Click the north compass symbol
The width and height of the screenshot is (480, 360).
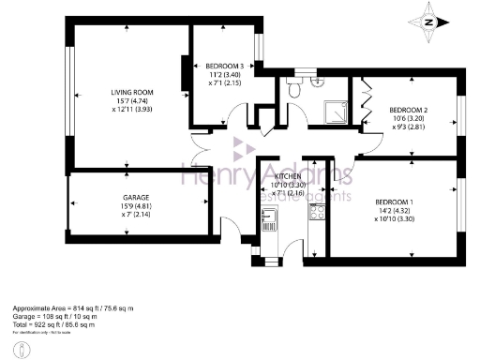[x=429, y=23]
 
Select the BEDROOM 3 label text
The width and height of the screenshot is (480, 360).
[x=226, y=66]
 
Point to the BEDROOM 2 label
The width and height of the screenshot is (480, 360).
[x=409, y=110]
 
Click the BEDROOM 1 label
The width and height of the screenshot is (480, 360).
[x=395, y=202]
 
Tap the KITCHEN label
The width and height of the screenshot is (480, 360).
[x=287, y=176]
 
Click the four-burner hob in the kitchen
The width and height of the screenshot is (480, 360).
[x=317, y=213]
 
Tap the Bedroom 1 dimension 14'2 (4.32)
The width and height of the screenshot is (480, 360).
[x=395, y=211]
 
